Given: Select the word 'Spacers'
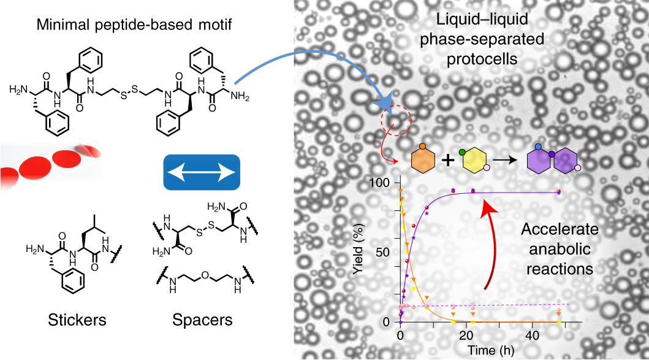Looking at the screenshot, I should pos(194,320).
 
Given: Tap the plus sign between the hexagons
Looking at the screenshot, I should pos(448,161).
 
